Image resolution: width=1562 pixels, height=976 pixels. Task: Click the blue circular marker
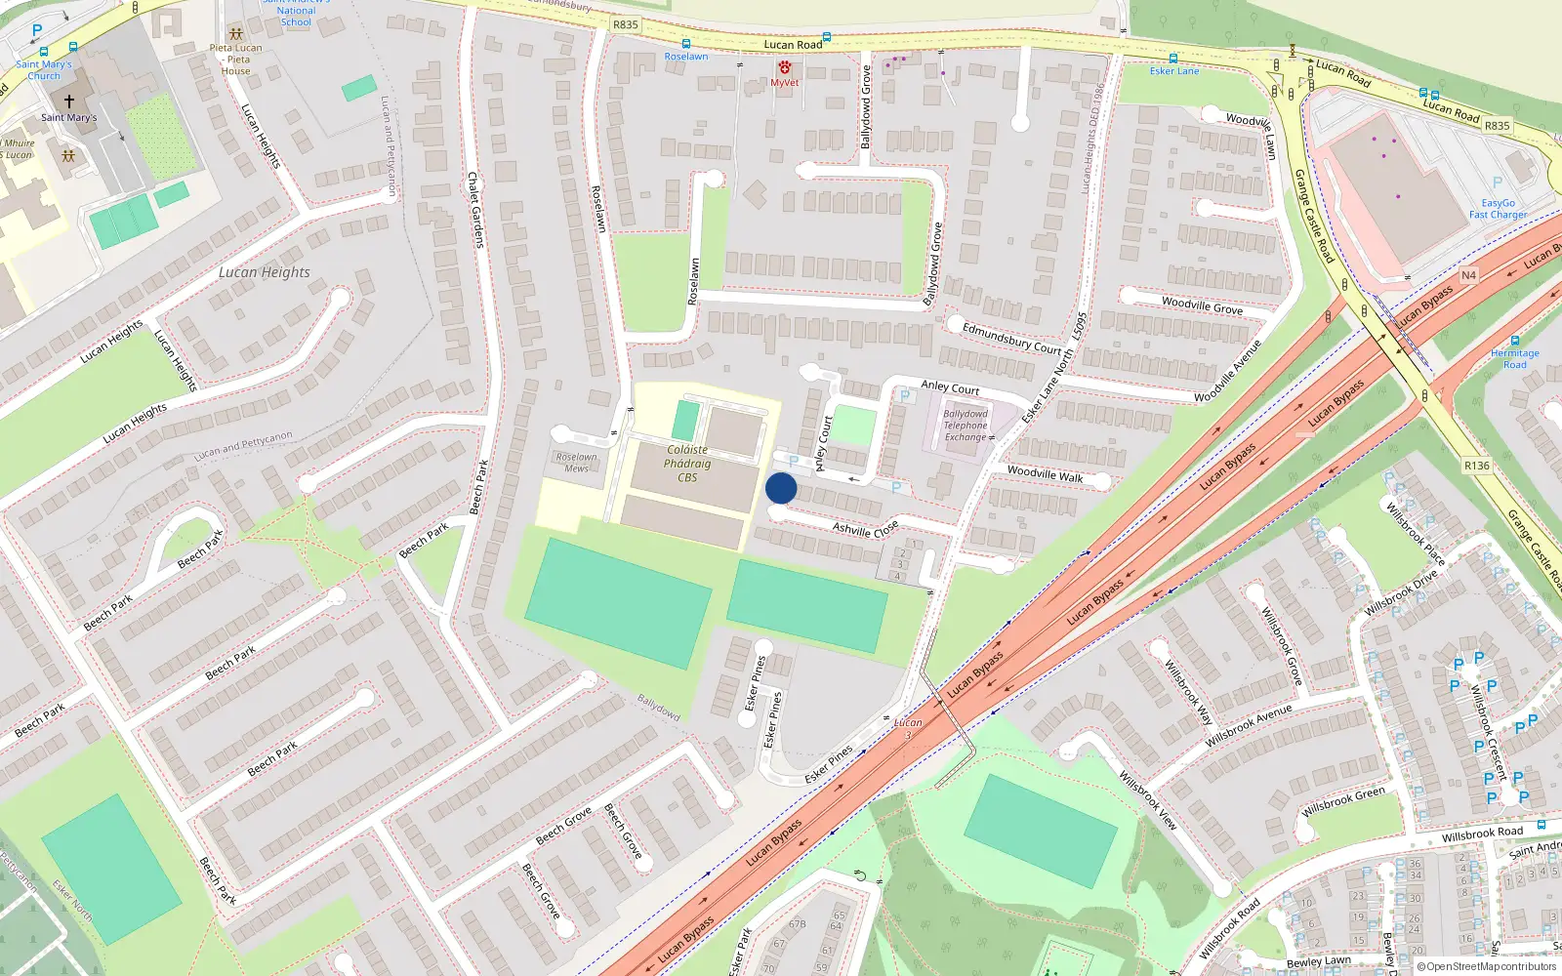[781, 488]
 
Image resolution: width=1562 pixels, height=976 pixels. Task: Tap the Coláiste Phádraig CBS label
[687, 464]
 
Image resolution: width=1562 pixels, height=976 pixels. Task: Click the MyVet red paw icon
[785, 67]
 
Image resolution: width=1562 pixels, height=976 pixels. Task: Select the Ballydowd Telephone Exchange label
[965, 426]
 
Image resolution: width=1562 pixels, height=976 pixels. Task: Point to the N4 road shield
[1468, 275]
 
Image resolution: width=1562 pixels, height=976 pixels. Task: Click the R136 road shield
[1476, 466]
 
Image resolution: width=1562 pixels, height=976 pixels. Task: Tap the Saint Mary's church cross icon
[69, 101]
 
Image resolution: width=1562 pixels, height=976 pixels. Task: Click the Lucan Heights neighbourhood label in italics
[264, 272]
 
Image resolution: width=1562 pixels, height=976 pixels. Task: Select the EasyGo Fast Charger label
[1498, 209]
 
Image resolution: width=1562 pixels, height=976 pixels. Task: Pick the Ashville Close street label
[865, 529]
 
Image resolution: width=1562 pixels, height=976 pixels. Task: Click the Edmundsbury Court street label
[1011, 338]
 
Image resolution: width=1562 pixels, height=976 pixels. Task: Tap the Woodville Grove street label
[1202, 305]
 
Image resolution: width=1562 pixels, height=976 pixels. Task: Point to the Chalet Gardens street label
[475, 210]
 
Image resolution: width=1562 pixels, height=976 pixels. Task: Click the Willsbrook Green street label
[1342, 802]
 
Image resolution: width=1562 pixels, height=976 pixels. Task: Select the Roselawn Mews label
[576, 463]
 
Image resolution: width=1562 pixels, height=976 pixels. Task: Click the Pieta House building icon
[235, 33]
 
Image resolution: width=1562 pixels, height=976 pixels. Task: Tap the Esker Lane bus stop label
[1173, 70]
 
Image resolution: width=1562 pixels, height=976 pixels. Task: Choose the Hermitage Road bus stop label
[1514, 358]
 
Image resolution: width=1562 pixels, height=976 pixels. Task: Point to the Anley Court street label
[950, 386]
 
